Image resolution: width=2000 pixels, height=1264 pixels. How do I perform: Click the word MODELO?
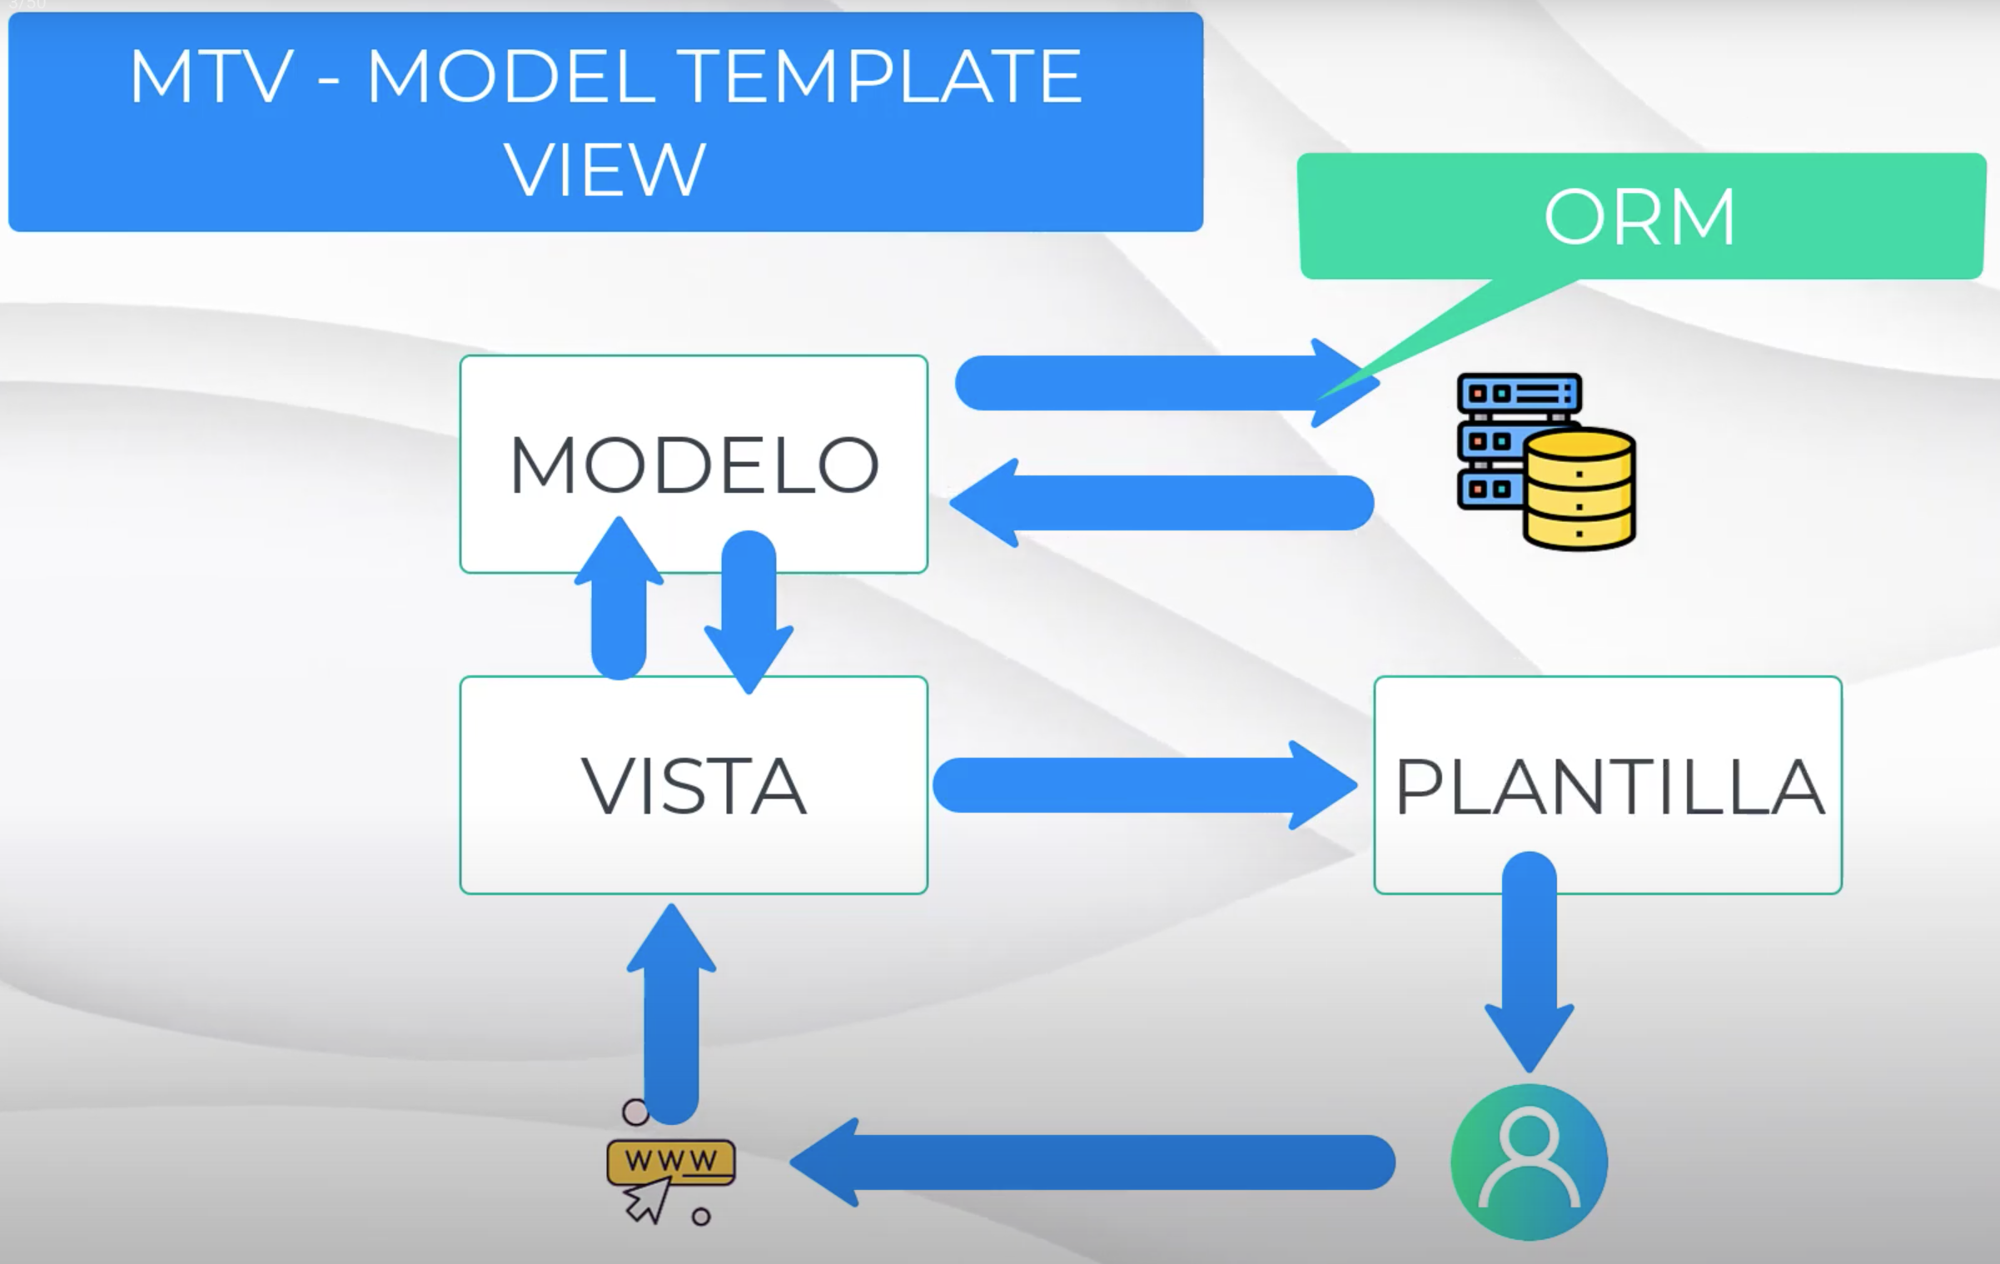(694, 465)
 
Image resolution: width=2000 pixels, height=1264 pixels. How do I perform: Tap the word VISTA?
(694, 786)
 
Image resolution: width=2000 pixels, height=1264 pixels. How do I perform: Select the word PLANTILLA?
(1609, 786)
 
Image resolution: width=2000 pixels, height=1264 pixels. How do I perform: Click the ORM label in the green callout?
(1639, 216)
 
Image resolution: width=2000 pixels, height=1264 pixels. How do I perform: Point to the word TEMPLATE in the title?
(883, 77)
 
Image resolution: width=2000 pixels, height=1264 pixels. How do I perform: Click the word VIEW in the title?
(605, 170)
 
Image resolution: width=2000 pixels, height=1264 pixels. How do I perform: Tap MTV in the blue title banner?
(211, 77)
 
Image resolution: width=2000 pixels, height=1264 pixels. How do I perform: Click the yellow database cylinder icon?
(1579, 489)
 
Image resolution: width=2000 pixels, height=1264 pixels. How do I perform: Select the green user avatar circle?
(1529, 1162)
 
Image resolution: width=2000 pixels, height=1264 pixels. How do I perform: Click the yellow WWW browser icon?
(671, 1162)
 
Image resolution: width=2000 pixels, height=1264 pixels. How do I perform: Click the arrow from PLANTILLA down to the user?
(1530, 958)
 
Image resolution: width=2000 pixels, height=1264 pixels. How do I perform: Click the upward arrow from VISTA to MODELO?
(619, 600)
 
